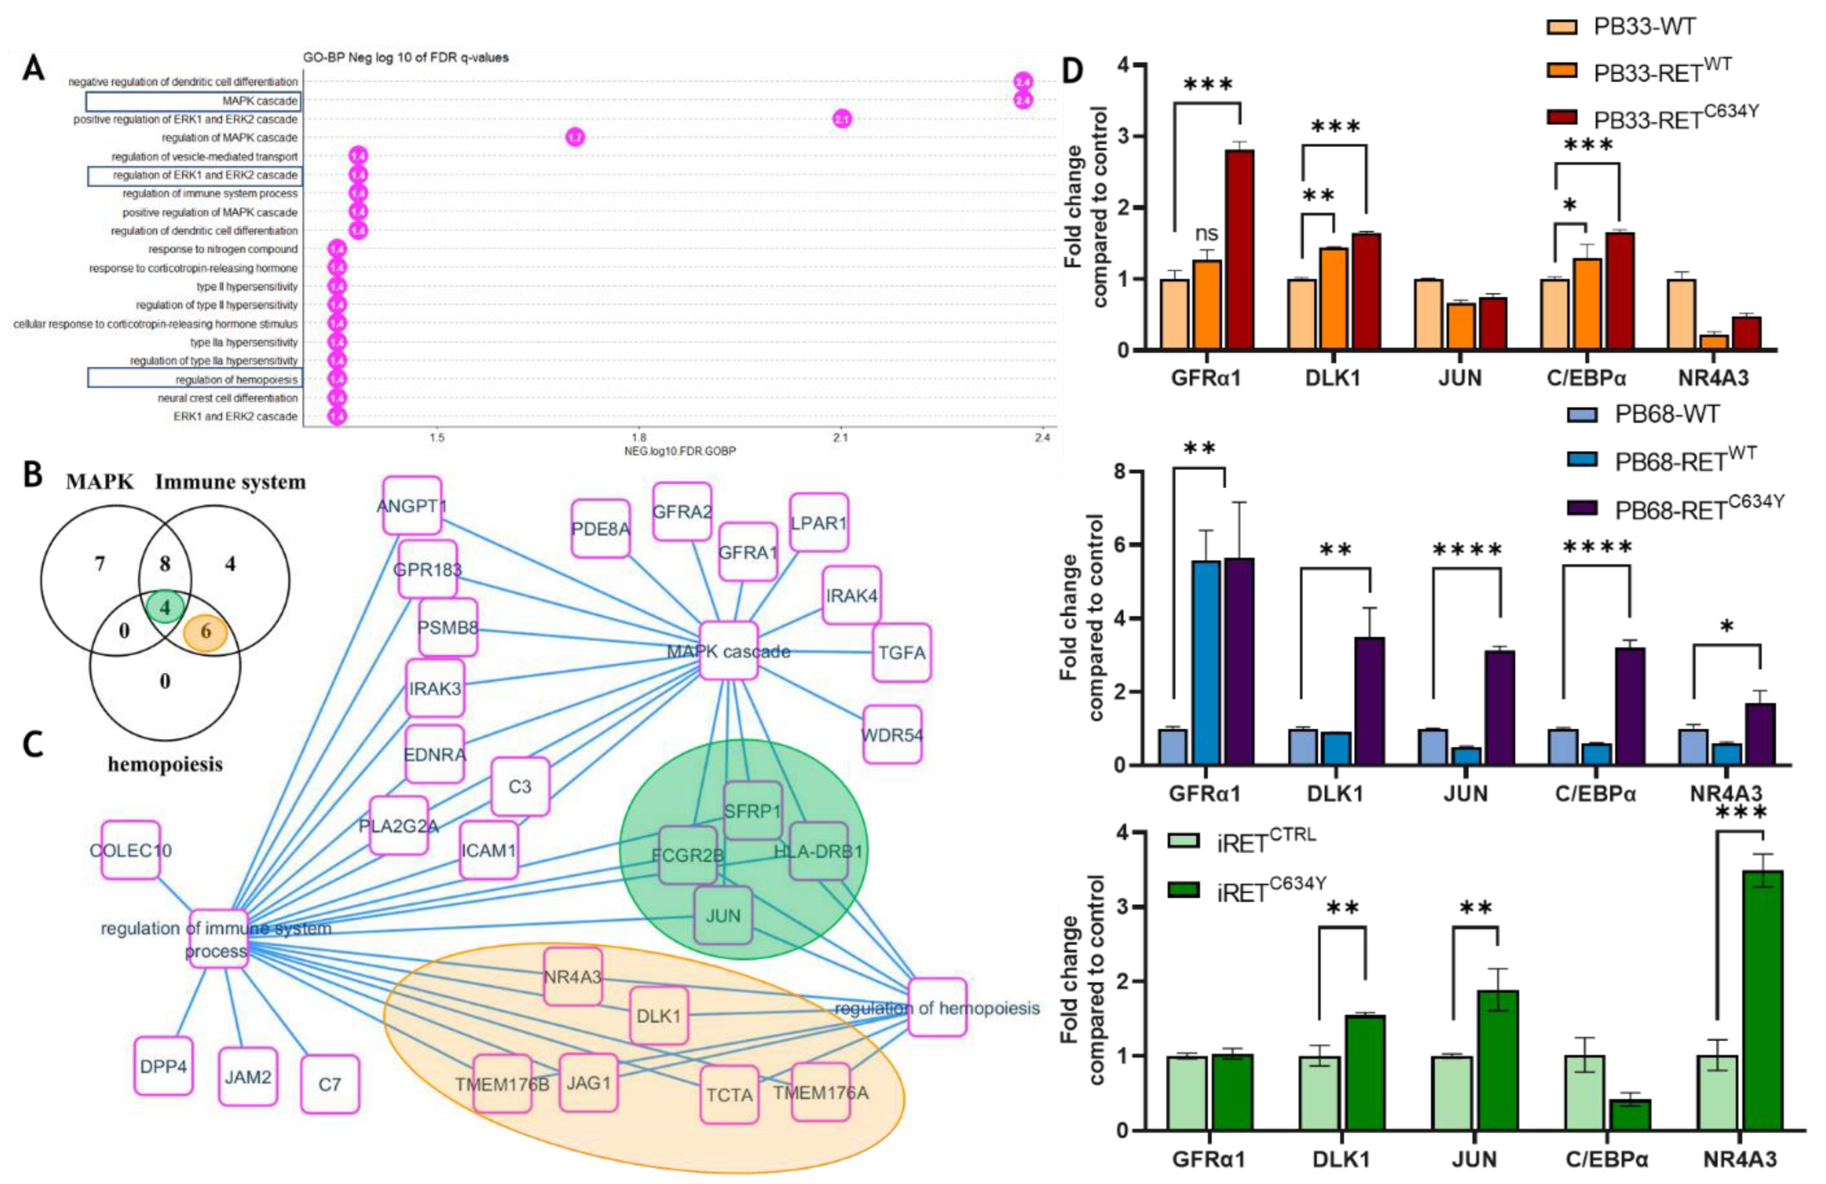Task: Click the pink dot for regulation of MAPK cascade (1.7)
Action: pos(575,138)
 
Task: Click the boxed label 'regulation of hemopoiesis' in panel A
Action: pos(236,379)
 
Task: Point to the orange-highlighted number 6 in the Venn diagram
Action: pos(205,633)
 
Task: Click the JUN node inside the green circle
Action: pos(723,915)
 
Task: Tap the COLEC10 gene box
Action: pos(130,850)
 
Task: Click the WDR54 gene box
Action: pos(892,734)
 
